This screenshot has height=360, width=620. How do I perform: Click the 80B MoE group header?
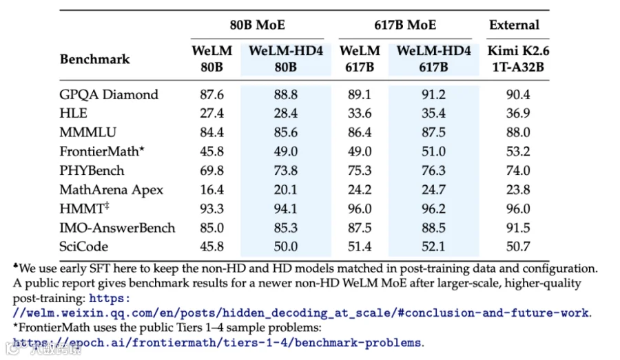coord(257,25)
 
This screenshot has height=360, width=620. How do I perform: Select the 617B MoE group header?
coord(405,25)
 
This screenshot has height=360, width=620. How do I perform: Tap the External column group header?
coord(514,25)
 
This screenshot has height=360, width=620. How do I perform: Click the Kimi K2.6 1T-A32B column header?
coord(518,59)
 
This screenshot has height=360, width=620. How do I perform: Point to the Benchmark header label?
coord(94,59)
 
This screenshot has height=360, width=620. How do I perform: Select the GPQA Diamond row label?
coord(109,94)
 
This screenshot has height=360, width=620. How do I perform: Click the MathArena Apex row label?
coord(111,190)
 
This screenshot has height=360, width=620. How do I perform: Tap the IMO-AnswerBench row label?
coord(117,228)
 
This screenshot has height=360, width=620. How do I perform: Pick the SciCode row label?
coord(83,246)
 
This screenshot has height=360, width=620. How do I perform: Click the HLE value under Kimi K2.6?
coord(518,114)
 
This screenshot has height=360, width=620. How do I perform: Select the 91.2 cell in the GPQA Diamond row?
coord(433,94)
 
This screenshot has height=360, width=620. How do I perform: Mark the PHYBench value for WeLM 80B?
coord(211,170)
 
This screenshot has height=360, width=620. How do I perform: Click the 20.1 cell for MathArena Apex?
coord(285,190)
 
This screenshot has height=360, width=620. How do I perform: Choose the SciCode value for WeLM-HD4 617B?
coord(433,246)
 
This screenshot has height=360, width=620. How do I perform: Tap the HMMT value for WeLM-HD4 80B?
coord(285,209)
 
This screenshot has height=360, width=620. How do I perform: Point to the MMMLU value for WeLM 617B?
coord(360,132)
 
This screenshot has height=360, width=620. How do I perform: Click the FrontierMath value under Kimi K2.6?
coord(518,151)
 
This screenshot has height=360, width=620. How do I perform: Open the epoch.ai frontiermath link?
coord(217,343)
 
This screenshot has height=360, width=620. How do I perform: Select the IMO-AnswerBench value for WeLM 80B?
coord(211,228)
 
